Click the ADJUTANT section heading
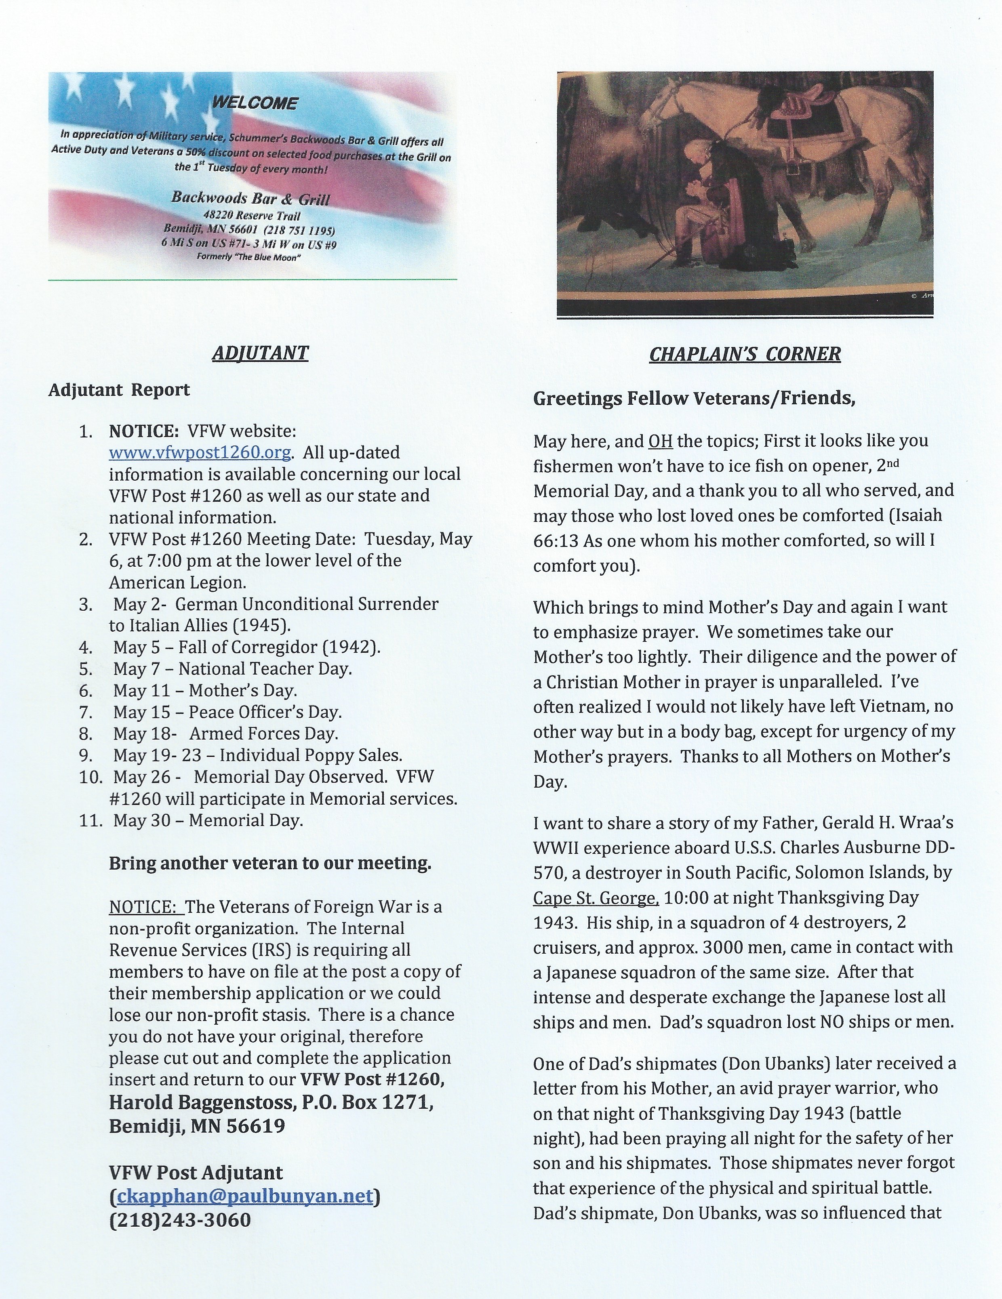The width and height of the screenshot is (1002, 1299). coord(260,353)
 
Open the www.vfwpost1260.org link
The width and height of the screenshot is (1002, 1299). coord(199,453)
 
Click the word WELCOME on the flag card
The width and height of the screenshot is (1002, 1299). coord(255,103)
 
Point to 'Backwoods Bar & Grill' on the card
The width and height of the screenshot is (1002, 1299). coord(250,198)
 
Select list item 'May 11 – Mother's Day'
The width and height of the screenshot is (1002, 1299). coord(205,691)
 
